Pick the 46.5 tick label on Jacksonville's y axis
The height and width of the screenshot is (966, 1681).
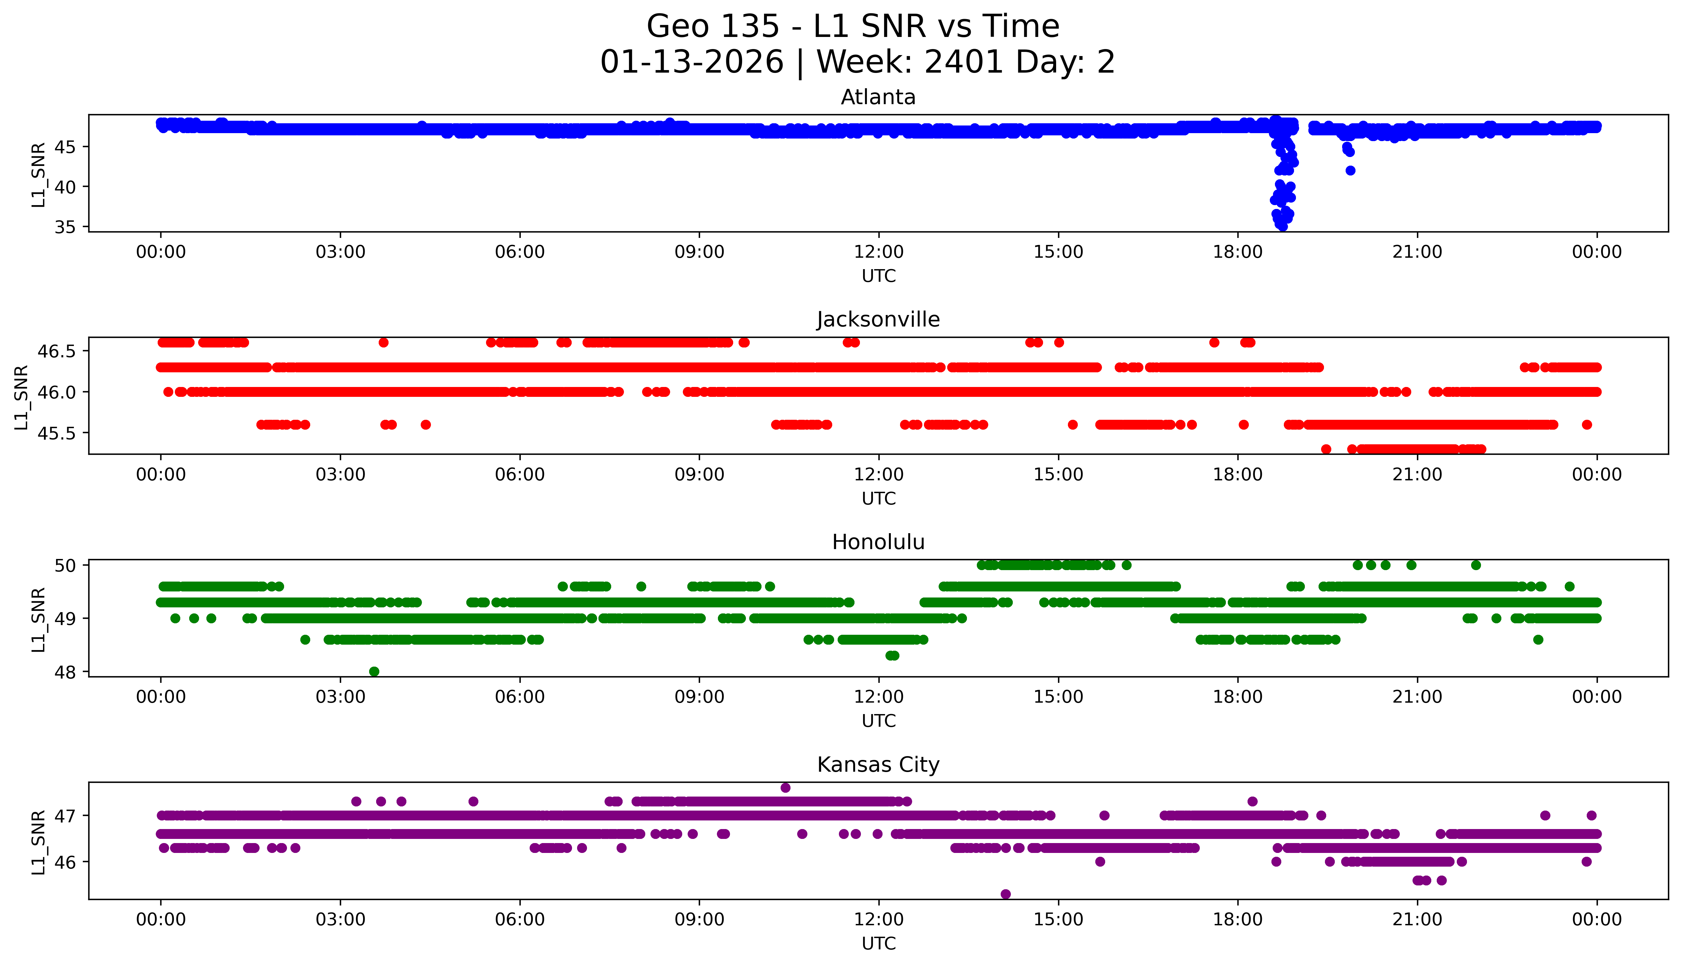point(58,351)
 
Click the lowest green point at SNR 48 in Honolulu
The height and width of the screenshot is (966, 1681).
point(374,671)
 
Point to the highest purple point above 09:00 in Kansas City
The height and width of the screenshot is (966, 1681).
point(785,788)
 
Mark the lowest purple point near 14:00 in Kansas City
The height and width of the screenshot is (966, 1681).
point(1006,894)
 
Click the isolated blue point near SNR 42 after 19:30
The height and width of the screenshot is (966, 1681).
point(1350,170)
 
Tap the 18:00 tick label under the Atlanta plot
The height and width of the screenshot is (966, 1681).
point(1238,252)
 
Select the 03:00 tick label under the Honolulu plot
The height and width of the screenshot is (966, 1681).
point(340,697)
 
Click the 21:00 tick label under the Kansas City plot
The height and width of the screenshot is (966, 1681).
point(1417,919)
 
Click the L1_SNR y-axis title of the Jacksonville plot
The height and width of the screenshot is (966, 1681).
point(21,397)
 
